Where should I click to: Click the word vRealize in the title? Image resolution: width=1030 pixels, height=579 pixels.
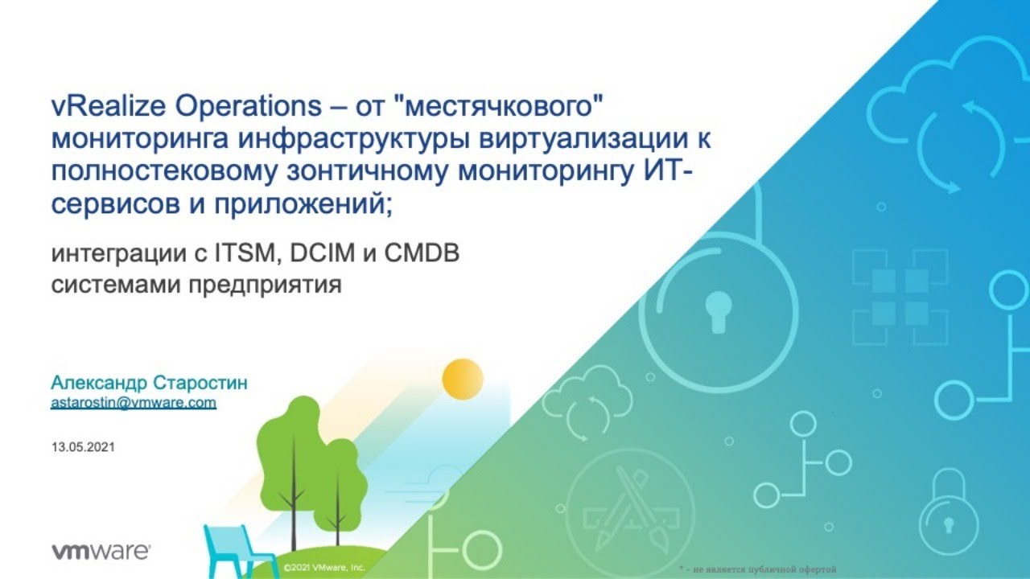(x=108, y=106)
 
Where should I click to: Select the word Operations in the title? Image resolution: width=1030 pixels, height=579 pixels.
(x=249, y=107)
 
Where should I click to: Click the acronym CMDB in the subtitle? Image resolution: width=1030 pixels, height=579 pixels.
(x=422, y=253)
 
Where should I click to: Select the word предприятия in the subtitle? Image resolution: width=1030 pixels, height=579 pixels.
(x=266, y=285)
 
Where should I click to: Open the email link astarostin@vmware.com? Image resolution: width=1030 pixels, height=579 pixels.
(x=134, y=403)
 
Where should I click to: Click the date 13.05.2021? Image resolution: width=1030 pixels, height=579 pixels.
(x=83, y=447)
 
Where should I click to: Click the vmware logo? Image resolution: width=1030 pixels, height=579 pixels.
(x=101, y=552)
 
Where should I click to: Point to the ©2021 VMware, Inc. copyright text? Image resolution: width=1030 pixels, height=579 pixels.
(x=324, y=568)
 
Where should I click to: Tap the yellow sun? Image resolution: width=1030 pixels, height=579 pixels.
(x=463, y=379)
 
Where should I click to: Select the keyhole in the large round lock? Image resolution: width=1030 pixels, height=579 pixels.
(x=719, y=312)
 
